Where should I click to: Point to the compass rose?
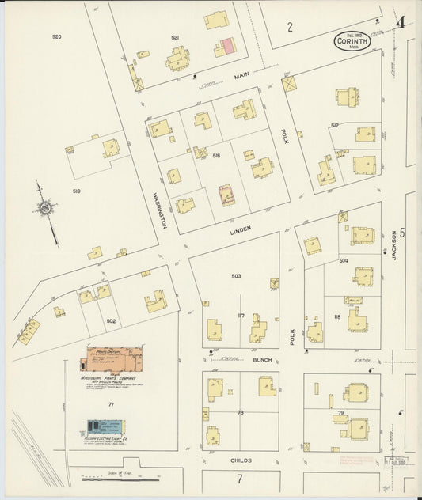point(47,208)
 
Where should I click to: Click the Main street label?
point(241,77)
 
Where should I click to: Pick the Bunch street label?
point(262,360)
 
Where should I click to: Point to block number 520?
point(56,37)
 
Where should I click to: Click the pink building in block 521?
point(227,46)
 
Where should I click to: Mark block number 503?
point(236,276)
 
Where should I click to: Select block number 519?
point(77,191)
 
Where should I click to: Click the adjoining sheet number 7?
point(238,479)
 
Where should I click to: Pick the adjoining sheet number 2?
point(290,27)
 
